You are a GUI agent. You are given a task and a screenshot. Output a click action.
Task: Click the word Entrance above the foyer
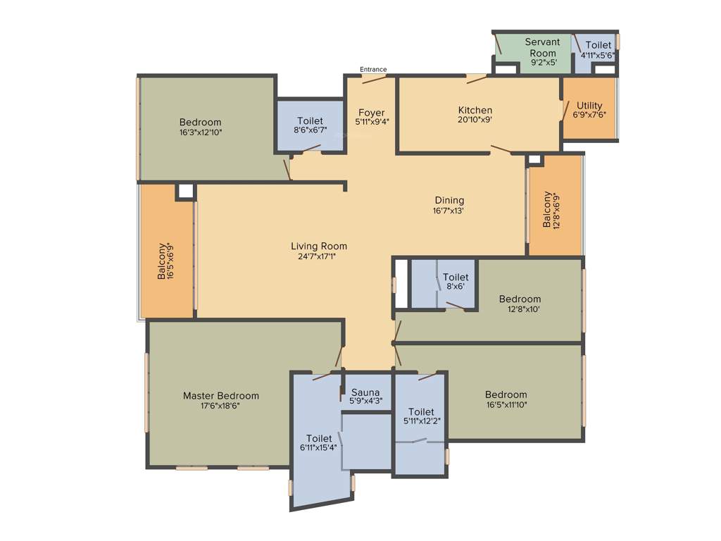373,69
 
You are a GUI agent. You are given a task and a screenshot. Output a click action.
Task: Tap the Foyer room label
371,113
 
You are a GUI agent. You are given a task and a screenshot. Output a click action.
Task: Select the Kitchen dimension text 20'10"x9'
475,120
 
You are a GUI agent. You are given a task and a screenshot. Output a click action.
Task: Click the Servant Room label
542,47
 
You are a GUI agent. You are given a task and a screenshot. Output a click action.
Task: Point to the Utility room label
589,106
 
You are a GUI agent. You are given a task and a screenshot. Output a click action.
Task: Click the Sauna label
365,392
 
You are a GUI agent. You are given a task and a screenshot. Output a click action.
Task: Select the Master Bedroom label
220,396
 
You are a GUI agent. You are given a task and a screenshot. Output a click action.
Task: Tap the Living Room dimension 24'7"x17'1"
319,256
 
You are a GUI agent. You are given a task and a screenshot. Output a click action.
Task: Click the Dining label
449,200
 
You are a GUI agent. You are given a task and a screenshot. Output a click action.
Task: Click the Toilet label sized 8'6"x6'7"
310,120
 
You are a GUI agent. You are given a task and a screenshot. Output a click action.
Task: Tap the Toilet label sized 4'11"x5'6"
598,45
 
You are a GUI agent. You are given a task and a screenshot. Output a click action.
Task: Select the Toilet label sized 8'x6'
456,278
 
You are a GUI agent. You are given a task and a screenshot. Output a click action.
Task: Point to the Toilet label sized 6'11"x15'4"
318,438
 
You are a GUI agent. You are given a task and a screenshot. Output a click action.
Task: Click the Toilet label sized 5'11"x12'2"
421,411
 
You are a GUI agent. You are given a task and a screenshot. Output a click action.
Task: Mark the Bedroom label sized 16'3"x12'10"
200,122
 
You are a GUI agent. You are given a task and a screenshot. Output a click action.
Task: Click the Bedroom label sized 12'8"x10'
520,299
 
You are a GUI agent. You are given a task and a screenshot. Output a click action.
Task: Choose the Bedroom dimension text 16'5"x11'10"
506,404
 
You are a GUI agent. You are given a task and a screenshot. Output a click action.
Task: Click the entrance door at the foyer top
373,79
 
